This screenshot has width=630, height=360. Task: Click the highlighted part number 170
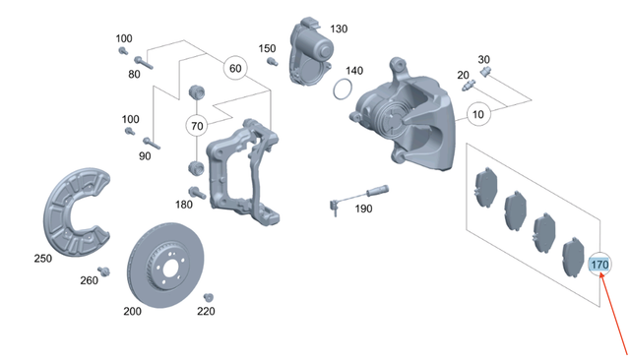coord(599,266)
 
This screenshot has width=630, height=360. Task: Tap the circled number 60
coord(234,69)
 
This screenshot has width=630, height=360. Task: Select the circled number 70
coord(197,126)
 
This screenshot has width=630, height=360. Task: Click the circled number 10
coord(478,115)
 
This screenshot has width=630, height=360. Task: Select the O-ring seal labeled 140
coord(342,90)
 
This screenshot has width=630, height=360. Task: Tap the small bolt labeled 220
coord(208,297)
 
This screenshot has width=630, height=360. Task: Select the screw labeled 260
coord(101,270)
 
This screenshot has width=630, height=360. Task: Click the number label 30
coord(483,59)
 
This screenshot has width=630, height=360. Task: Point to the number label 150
coord(268,48)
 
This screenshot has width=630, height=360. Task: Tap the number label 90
coord(145,156)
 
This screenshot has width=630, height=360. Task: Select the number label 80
coord(134,72)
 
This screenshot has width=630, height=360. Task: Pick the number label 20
coord(463,75)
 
